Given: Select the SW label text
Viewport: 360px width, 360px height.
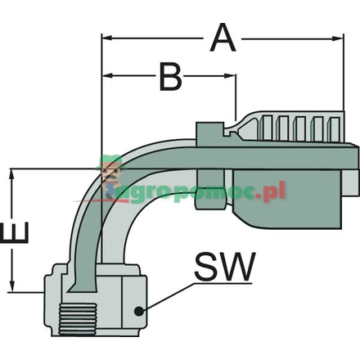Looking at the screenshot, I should pos(225,268).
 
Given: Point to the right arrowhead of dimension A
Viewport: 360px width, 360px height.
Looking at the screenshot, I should pos(335,37).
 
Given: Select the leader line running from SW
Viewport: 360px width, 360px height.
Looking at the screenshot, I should pos(168,297).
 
